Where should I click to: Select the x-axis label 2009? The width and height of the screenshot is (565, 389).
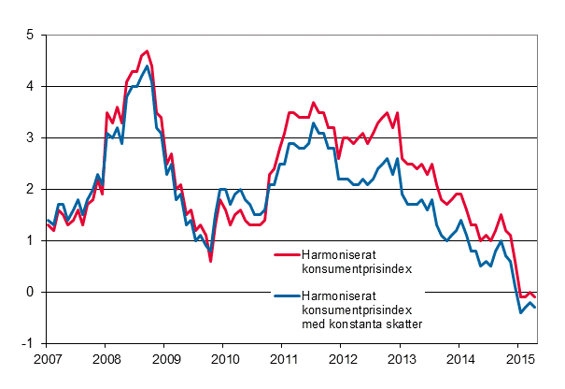click(x=164, y=359)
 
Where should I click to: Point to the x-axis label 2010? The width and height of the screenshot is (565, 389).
click(x=223, y=359)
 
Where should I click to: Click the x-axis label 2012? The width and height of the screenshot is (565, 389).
click(x=342, y=359)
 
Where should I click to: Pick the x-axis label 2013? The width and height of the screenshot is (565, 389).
click(x=402, y=359)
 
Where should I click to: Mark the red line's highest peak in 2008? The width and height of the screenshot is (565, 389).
click(x=146, y=51)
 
